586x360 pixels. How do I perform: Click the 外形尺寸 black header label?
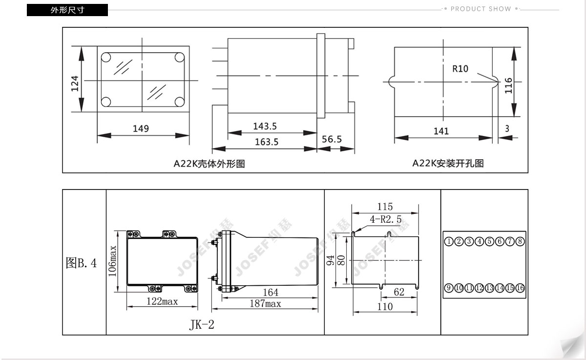click(x=67, y=10)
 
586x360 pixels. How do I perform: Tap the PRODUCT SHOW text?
click(x=481, y=9)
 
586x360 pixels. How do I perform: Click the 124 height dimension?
click(x=75, y=84)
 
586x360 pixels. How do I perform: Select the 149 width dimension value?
click(x=141, y=128)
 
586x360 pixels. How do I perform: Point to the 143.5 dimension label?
click(x=265, y=127)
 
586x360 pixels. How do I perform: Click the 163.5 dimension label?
click(x=267, y=142)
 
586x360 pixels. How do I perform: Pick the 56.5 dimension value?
click(x=332, y=139)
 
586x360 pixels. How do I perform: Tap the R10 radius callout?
click(x=460, y=69)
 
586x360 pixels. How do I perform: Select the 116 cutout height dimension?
click(x=508, y=85)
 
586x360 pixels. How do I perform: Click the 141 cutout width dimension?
click(x=441, y=131)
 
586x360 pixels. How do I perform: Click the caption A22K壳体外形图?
click(x=209, y=164)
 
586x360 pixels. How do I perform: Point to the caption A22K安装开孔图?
click(x=448, y=163)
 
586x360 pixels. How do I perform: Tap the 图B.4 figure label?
click(x=81, y=263)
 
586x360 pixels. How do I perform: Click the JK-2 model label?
click(x=202, y=325)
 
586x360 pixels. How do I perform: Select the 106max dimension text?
click(x=112, y=261)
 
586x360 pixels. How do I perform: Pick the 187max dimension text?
click(x=265, y=303)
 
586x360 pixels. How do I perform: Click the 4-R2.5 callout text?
click(x=386, y=219)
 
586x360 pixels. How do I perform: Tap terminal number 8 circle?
click(x=520, y=241)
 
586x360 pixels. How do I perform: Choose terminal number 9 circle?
click(x=449, y=288)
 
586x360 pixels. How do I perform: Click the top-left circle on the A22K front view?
click(x=106, y=57)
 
